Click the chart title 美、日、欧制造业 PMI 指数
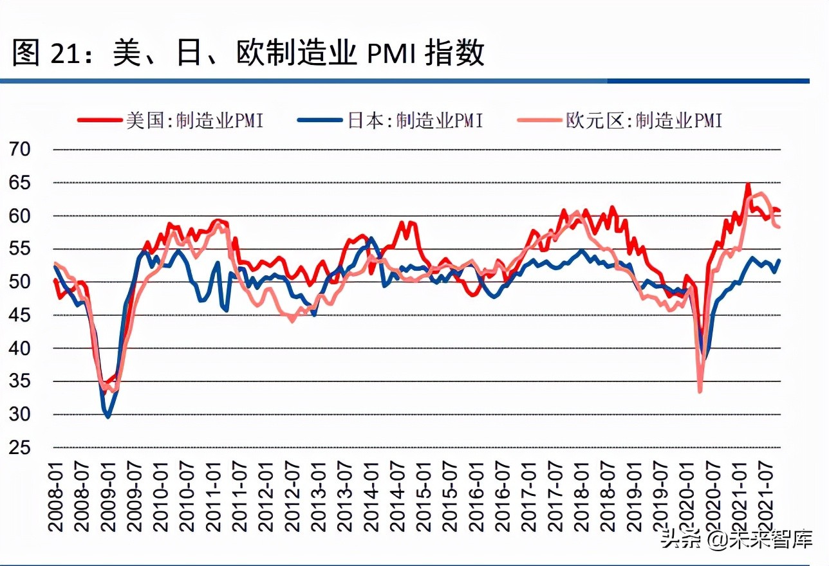(248, 53)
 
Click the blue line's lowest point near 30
(108, 417)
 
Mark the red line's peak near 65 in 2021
(748, 185)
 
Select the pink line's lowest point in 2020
(700, 390)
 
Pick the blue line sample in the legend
(320, 120)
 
